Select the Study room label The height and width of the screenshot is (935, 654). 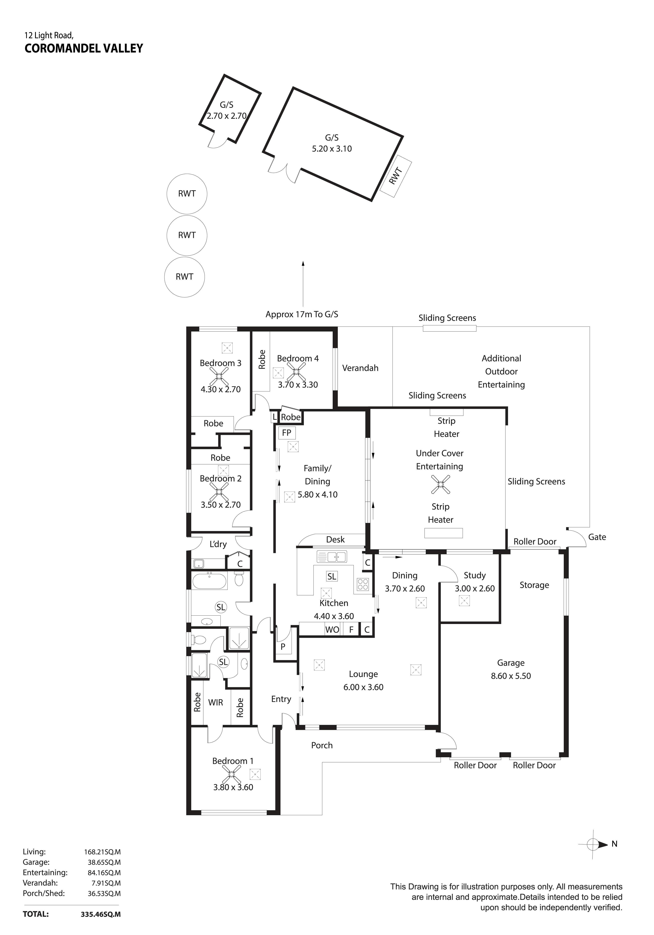(475, 575)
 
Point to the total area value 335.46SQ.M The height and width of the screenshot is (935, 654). (101, 914)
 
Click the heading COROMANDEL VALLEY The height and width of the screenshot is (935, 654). (84, 48)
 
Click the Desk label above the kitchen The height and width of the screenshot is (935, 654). (335, 540)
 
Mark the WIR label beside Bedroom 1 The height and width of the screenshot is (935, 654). (216, 702)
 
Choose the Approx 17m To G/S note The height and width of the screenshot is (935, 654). (302, 314)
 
